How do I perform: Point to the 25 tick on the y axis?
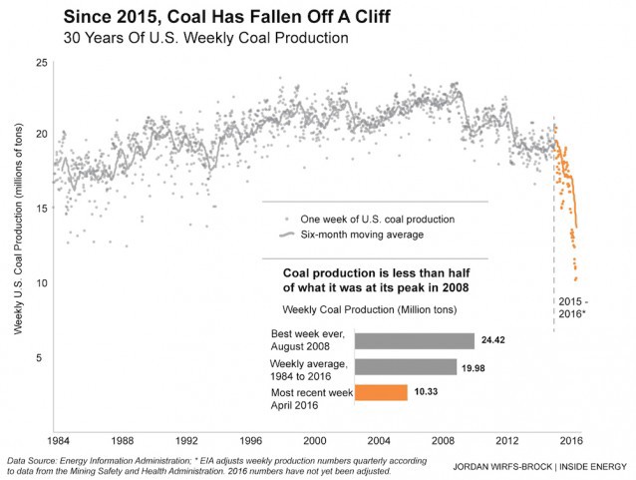coord(42,63)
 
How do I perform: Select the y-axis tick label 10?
coord(42,283)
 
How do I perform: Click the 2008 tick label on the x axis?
coord(443,440)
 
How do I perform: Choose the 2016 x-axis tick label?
coord(570,440)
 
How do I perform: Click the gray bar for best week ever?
coord(414,340)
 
